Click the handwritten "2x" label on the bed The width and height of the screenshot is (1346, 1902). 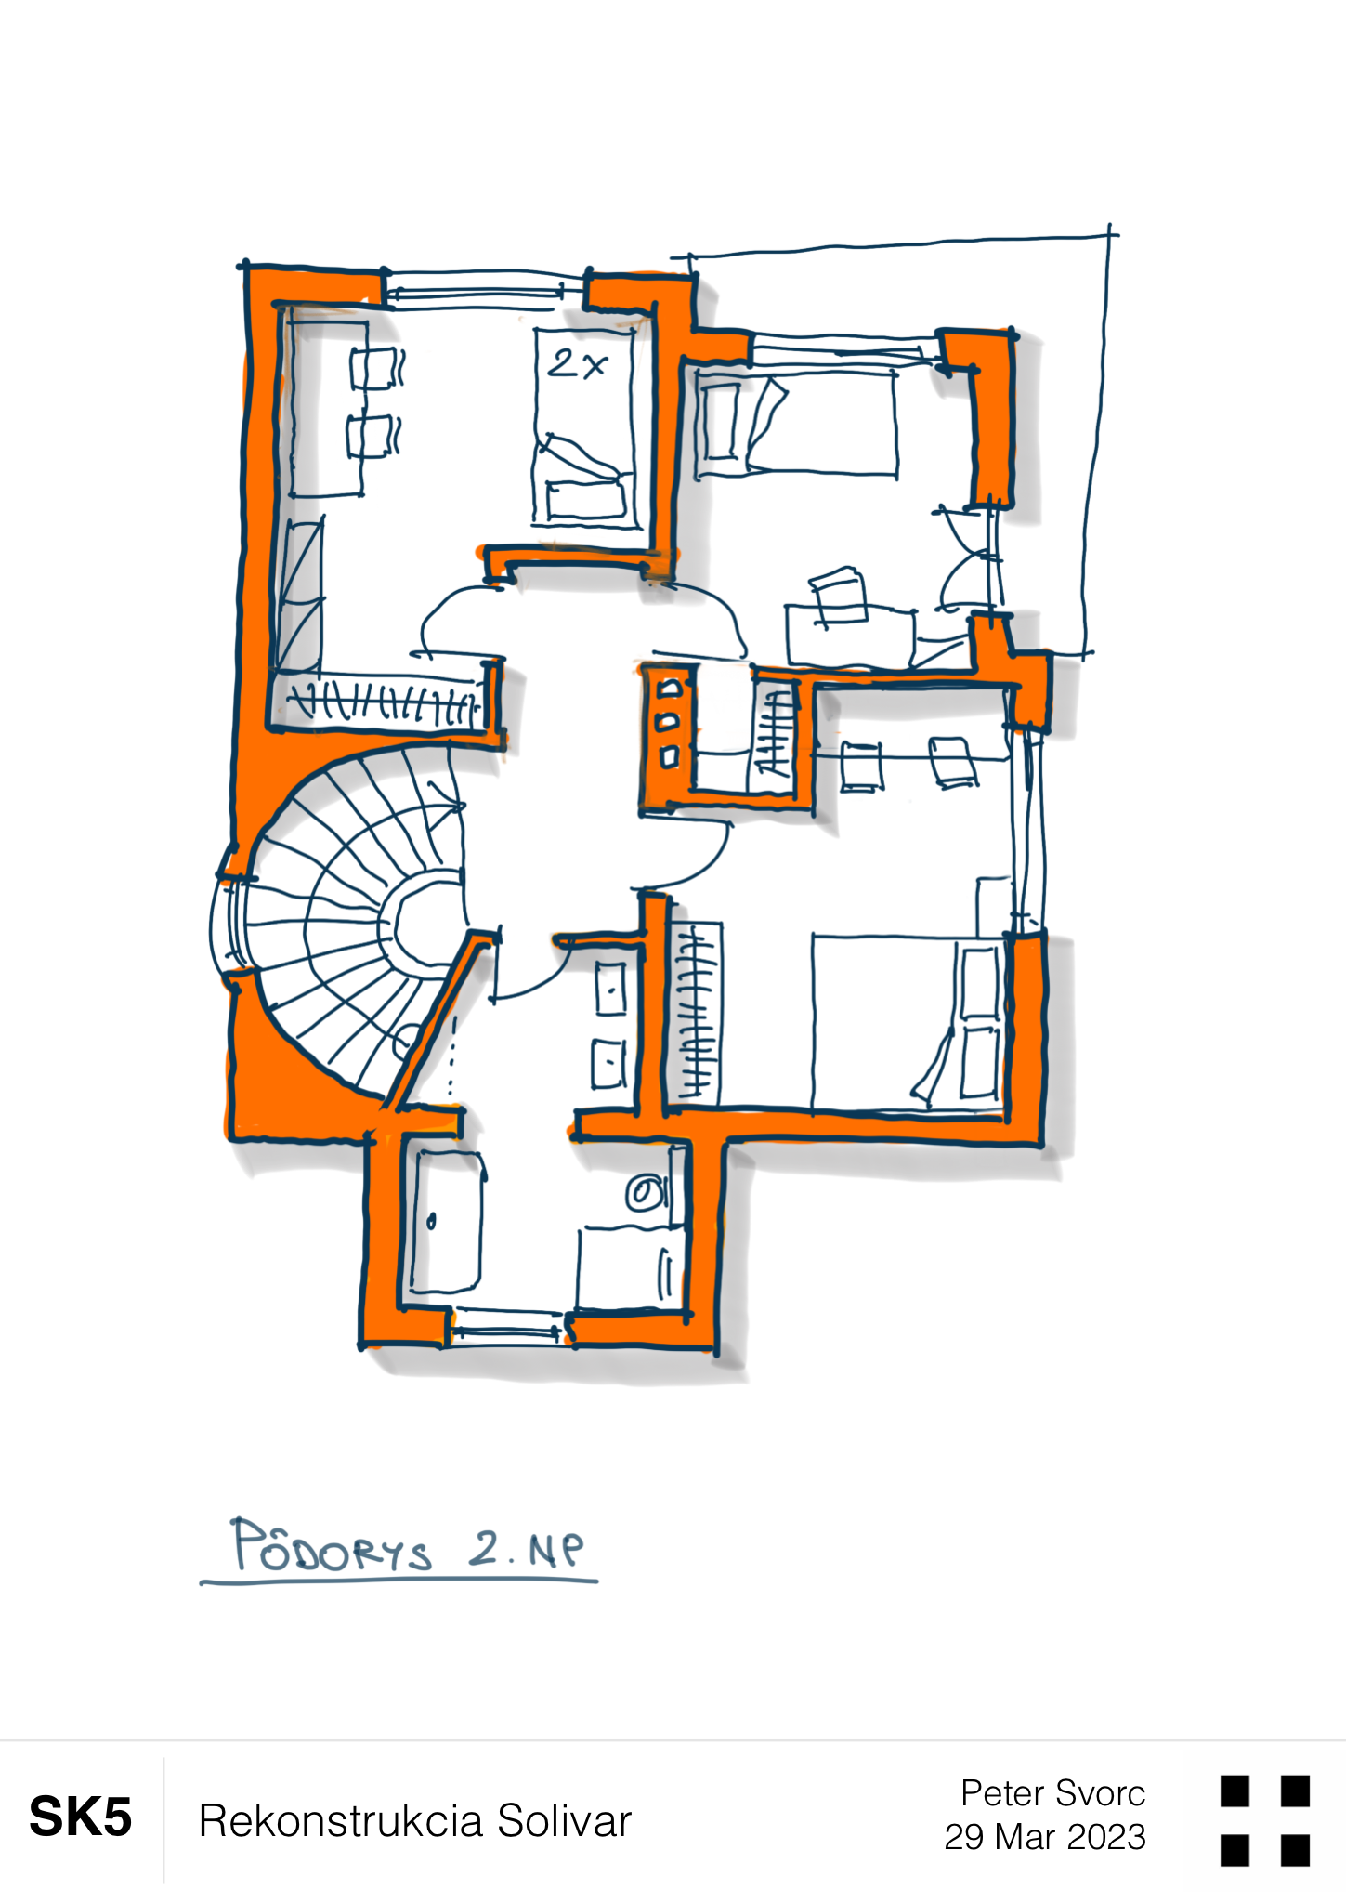pyautogui.click(x=576, y=363)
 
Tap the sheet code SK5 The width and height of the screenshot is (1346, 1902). pyautogui.click(x=81, y=1817)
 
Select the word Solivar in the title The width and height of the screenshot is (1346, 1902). pyautogui.click(x=564, y=1820)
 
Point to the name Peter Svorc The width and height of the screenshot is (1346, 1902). pyautogui.click(x=1052, y=1793)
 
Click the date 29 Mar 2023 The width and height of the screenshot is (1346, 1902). pyautogui.click(x=1045, y=1837)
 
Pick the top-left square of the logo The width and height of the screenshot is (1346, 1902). pyautogui.click(x=1235, y=1791)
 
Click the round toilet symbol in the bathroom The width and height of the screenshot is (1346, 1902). pyautogui.click(x=645, y=1194)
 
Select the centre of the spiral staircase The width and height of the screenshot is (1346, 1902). pyautogui.click(x=423, y=920)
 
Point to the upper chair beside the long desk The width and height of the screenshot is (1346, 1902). pyautogui.click(x=376, y=368)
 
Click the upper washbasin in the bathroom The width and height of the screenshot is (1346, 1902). pyautogui.click(x=610, y=990)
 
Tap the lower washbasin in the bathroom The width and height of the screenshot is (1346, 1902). pyautogui.click(x=608, y=1063)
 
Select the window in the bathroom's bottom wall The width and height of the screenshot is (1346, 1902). pyautogui.click(x=508, y=1325)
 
